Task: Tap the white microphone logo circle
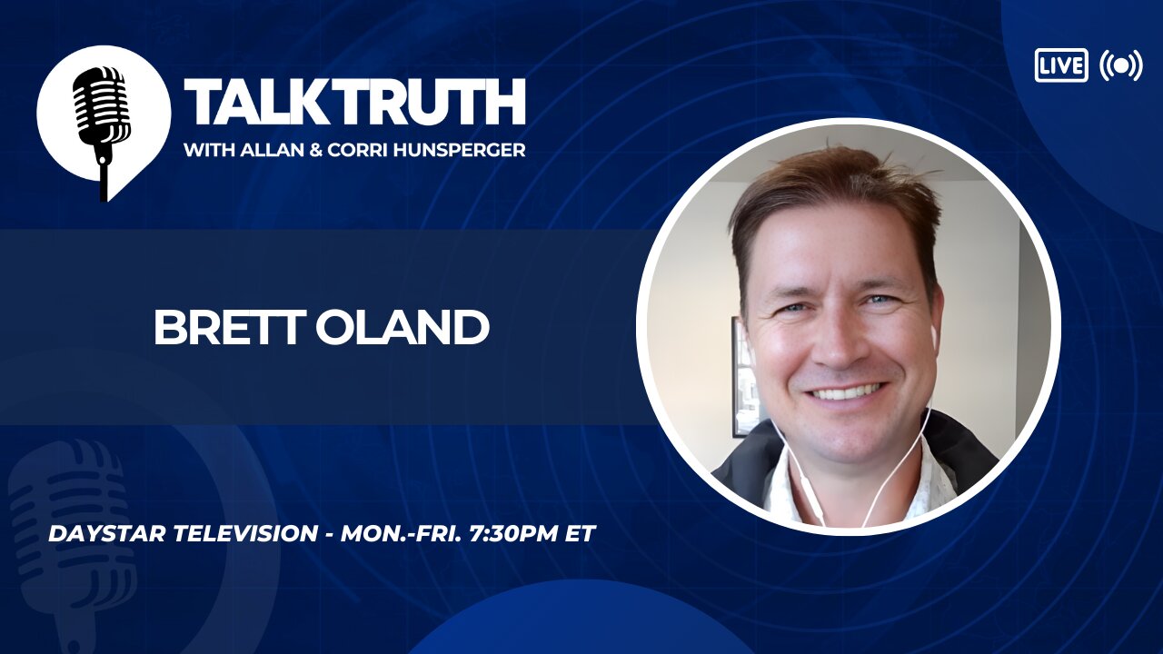click(x=103, y=114)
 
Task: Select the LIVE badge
click(x=1060, y=65)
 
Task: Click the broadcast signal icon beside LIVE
click(x=1120, y=65)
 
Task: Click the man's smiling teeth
click(x=846, y=392)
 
